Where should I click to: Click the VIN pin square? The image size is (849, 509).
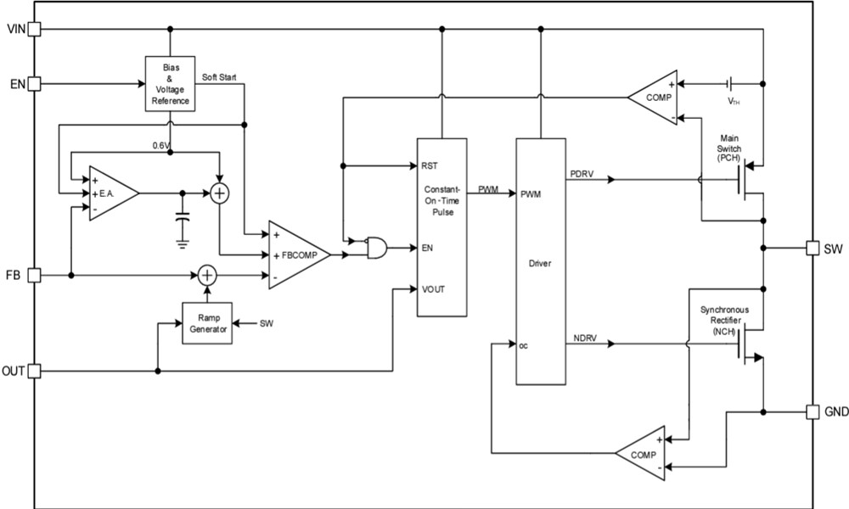click(35, 30)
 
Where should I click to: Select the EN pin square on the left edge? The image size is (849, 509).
click(35, 84)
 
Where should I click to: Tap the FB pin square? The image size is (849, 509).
click(35, 275)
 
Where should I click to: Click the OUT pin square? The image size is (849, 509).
click(35, 371)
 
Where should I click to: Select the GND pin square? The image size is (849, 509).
click(812, 411)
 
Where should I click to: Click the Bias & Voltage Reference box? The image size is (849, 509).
click(170, 84)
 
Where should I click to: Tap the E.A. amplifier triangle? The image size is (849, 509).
click(110, 193)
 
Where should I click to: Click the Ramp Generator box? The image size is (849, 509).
click(206, 323)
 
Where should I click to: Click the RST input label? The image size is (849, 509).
click(429, 165)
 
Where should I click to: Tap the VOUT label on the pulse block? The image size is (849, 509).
click(433, 288)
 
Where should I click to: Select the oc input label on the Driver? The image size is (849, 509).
click(525, 344)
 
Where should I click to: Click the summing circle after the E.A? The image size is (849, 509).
click(220, 193)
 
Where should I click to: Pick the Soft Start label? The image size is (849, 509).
click(220, 77)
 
